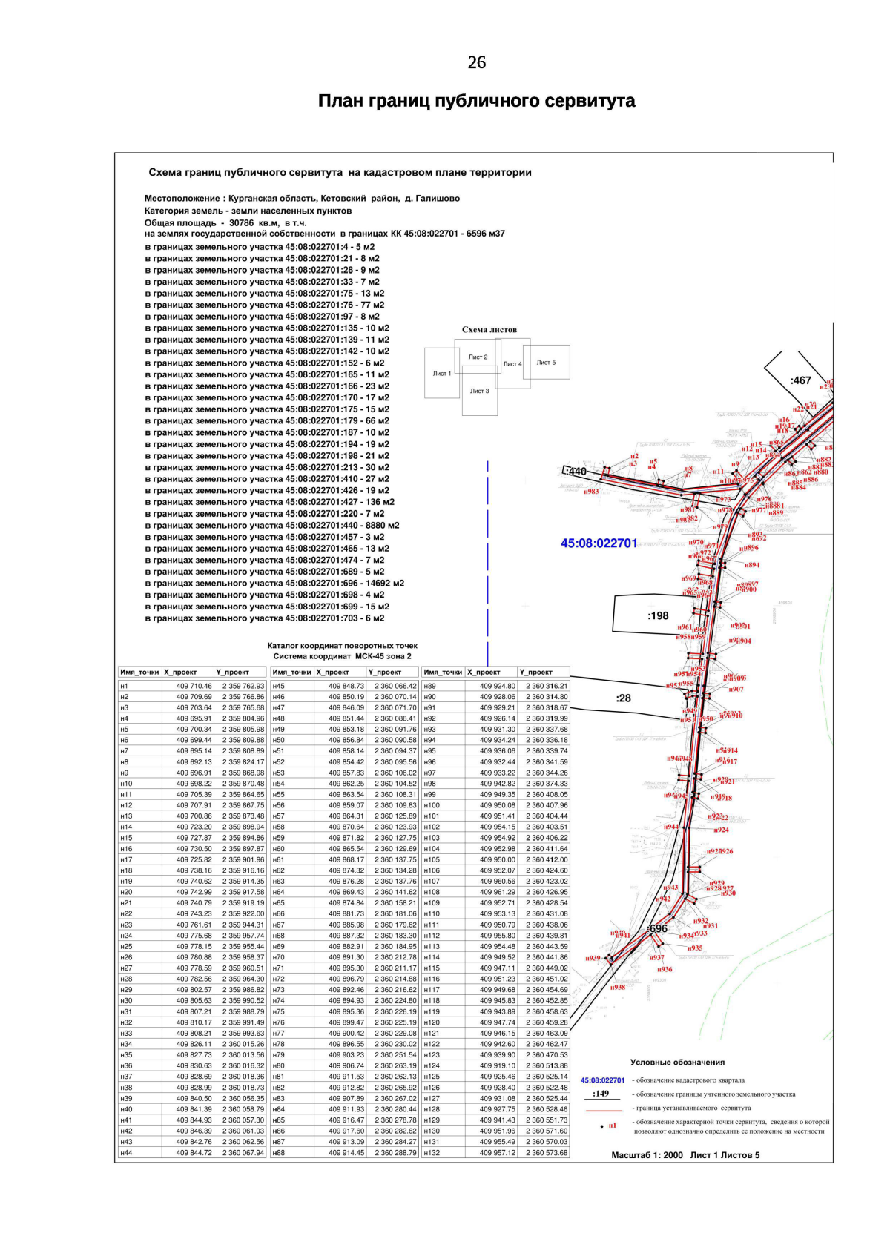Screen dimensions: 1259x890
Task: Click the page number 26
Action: click(x=476, y=63)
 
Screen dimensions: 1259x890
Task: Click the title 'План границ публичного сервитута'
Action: click(x=476, y=101)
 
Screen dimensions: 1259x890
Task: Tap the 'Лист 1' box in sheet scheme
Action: click(x=442, y=373)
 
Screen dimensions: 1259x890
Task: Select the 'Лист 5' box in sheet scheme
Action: click(x=547, y=363)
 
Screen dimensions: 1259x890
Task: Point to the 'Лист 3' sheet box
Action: click(x=479, y=391)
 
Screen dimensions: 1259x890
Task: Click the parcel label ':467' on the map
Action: click(x=801, y=380)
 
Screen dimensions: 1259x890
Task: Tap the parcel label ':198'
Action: click(x=658, y=615)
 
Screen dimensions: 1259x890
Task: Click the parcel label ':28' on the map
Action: click(x=623, y=698)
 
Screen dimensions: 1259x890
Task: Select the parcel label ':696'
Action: click(x=657, y=928)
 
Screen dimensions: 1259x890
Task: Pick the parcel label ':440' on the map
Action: click(x=575, y=472)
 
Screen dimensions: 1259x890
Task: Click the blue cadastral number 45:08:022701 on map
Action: click(x=599, y=543)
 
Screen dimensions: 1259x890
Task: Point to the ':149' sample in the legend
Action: click(x=601, y=1093)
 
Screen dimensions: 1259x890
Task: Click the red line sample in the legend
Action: click(x=604, y=1110)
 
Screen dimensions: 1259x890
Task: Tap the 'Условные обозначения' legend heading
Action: click(x=677, y=1062)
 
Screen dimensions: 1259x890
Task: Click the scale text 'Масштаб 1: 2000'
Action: click(x=647, y=1154)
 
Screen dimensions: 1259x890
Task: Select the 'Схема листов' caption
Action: click(x=489, y=330)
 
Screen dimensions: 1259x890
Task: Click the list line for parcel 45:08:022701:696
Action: click(x=274, y=584)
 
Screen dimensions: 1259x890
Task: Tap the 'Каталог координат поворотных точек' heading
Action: click(x=342, y=646)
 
